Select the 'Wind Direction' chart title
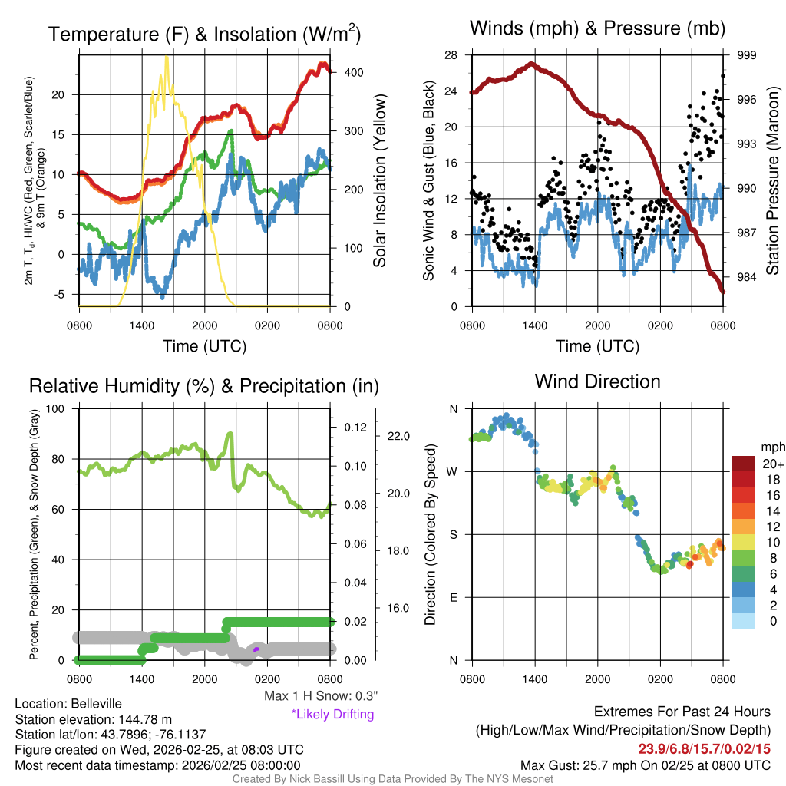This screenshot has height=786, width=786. coord(598,381)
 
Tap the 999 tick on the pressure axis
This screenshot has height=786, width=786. coord(748,55)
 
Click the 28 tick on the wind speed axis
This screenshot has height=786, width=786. coord(451,55)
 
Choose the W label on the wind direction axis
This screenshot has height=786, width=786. coord(453,471)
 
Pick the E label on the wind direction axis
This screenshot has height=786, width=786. coord(454,597)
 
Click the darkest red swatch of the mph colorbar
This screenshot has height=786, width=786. coord(744,464)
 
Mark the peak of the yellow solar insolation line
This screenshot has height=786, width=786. coord(167,57)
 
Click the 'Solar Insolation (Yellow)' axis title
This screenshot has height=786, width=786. coord(380,181)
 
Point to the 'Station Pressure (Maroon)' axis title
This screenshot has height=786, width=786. coord(773,181)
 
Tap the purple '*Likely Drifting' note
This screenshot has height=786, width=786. coord(332,715)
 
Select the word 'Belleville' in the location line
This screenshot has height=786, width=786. coord(94,704)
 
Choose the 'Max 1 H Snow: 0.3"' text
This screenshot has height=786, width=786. coord(321,696)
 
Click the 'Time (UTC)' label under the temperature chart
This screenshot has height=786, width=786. coord(205,346)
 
